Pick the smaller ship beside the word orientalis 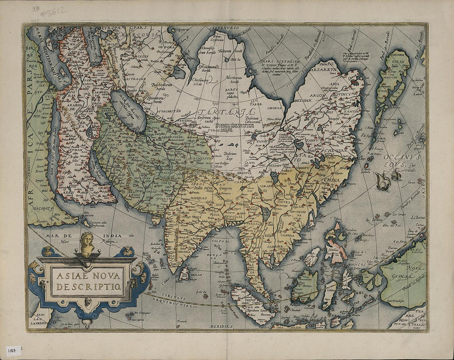tap(396, 175)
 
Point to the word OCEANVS tap(400, 157)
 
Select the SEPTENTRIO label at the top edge tap(224, 28)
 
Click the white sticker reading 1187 tap(13, 351)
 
